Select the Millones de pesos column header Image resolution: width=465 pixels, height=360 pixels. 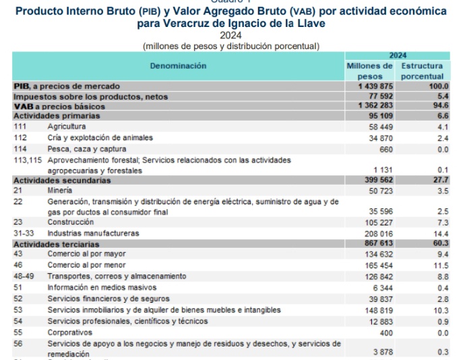click(369, 71)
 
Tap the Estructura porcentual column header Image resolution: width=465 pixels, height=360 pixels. click(423, 71)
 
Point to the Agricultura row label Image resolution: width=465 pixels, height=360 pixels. click(67, 127)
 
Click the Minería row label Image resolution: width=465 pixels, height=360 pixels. click(61, 191)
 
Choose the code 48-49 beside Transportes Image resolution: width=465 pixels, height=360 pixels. click(25, 276)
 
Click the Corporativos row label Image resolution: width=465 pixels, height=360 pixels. click(70, 332)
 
